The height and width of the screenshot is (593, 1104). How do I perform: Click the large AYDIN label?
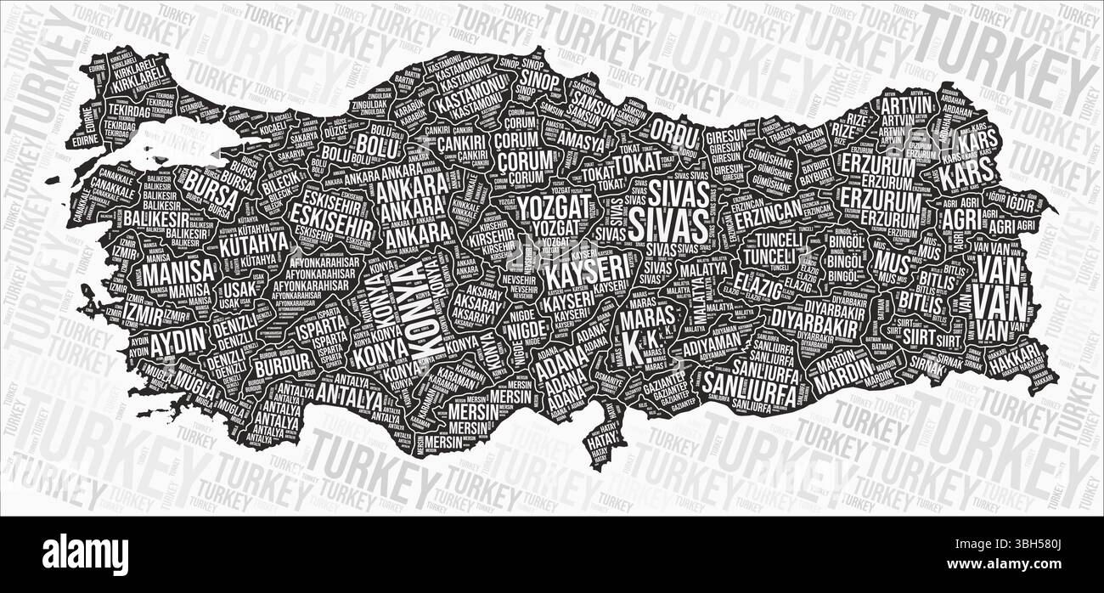(x=178, y=338)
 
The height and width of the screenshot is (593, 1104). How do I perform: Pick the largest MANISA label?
(x=177, y=274)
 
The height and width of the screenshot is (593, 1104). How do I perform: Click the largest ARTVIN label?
(x=905, y=106)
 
